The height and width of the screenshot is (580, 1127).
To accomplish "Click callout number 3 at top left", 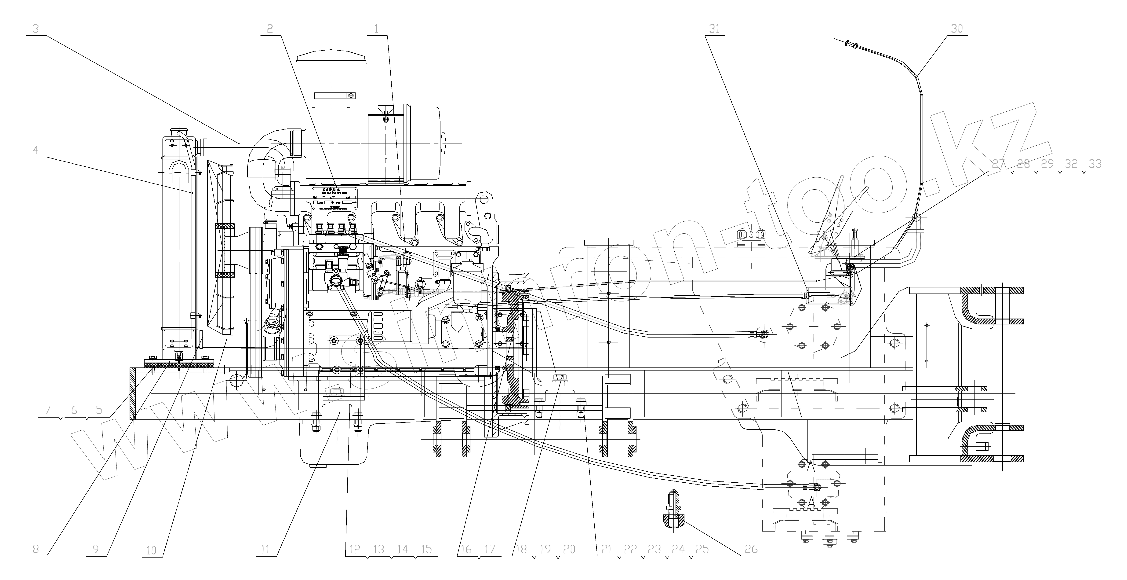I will [36, 29].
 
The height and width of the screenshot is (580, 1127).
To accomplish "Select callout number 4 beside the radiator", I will [36, 150].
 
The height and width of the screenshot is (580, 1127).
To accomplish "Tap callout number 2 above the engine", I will [270, 29].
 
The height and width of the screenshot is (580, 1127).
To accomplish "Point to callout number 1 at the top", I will [376, 29].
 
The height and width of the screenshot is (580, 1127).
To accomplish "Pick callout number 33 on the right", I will [1095, 164].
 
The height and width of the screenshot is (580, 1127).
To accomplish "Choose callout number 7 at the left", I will [48, 410].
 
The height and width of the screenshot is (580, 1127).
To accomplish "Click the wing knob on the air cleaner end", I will [444, 143].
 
